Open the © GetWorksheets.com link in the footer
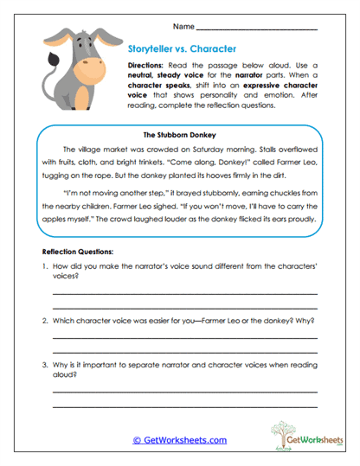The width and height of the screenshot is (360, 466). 179,440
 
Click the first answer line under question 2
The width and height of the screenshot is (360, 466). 184,336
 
